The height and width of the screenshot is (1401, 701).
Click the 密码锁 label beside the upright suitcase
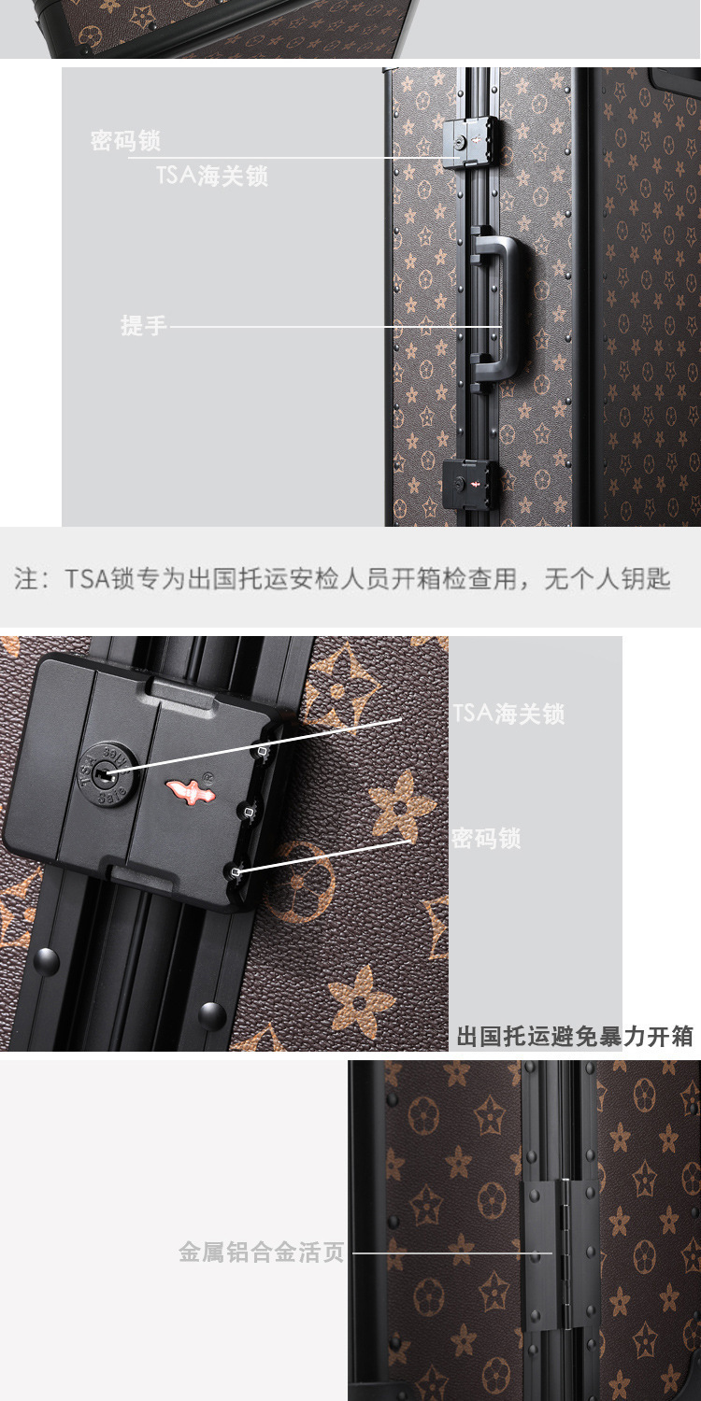pyautogui.click(x=125, y=141)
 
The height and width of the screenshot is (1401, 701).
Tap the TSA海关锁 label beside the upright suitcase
pyautogui.click(x=212, y=176)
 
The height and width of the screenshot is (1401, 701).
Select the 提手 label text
pyautogui.click(x=143, y=325)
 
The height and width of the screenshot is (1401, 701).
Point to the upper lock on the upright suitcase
pyautogui.click(x=471, y=143)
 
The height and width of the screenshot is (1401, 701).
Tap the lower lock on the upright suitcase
pyautogui.click(x=471, y=486)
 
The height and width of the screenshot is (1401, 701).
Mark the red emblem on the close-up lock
pyautogui.click(x=190, y=790)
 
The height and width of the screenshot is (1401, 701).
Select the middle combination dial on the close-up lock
pyautogui.click(x=248, y=812)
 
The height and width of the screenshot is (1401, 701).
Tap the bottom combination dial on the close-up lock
pyautogui.click(x=235, y=871)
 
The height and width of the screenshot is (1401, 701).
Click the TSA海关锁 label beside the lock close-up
pyautogui.click(x=508, y=714)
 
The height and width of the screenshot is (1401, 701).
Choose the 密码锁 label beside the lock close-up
pyautogui.click(x=486, y=838)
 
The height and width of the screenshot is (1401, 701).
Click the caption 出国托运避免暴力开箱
pyautogui.click(x=575, y=1037)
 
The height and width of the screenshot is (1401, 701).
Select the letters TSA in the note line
pyautogui.click(x=88, y=578)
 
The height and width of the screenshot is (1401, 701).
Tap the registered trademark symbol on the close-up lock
pyautogui.click(x=209, y=776)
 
